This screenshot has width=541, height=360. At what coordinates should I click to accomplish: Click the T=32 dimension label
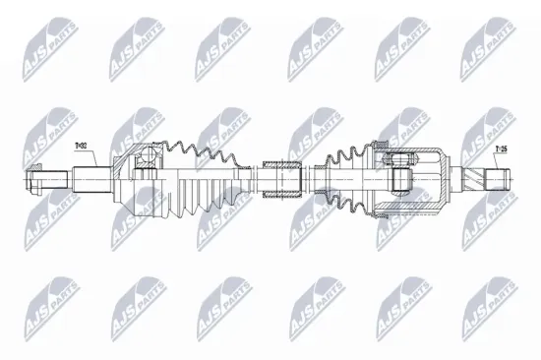(81, 147)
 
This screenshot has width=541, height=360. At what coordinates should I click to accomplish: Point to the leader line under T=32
(83, 159)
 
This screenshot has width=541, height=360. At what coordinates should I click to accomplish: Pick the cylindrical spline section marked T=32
(91, 179)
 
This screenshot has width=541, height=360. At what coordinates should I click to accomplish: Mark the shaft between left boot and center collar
(252, 179)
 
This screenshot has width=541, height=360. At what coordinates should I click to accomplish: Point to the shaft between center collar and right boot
(317, 179)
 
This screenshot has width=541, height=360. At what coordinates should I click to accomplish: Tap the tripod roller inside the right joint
(401, 179)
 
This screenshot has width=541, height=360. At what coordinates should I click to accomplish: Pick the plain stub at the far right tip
(502, 180)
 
